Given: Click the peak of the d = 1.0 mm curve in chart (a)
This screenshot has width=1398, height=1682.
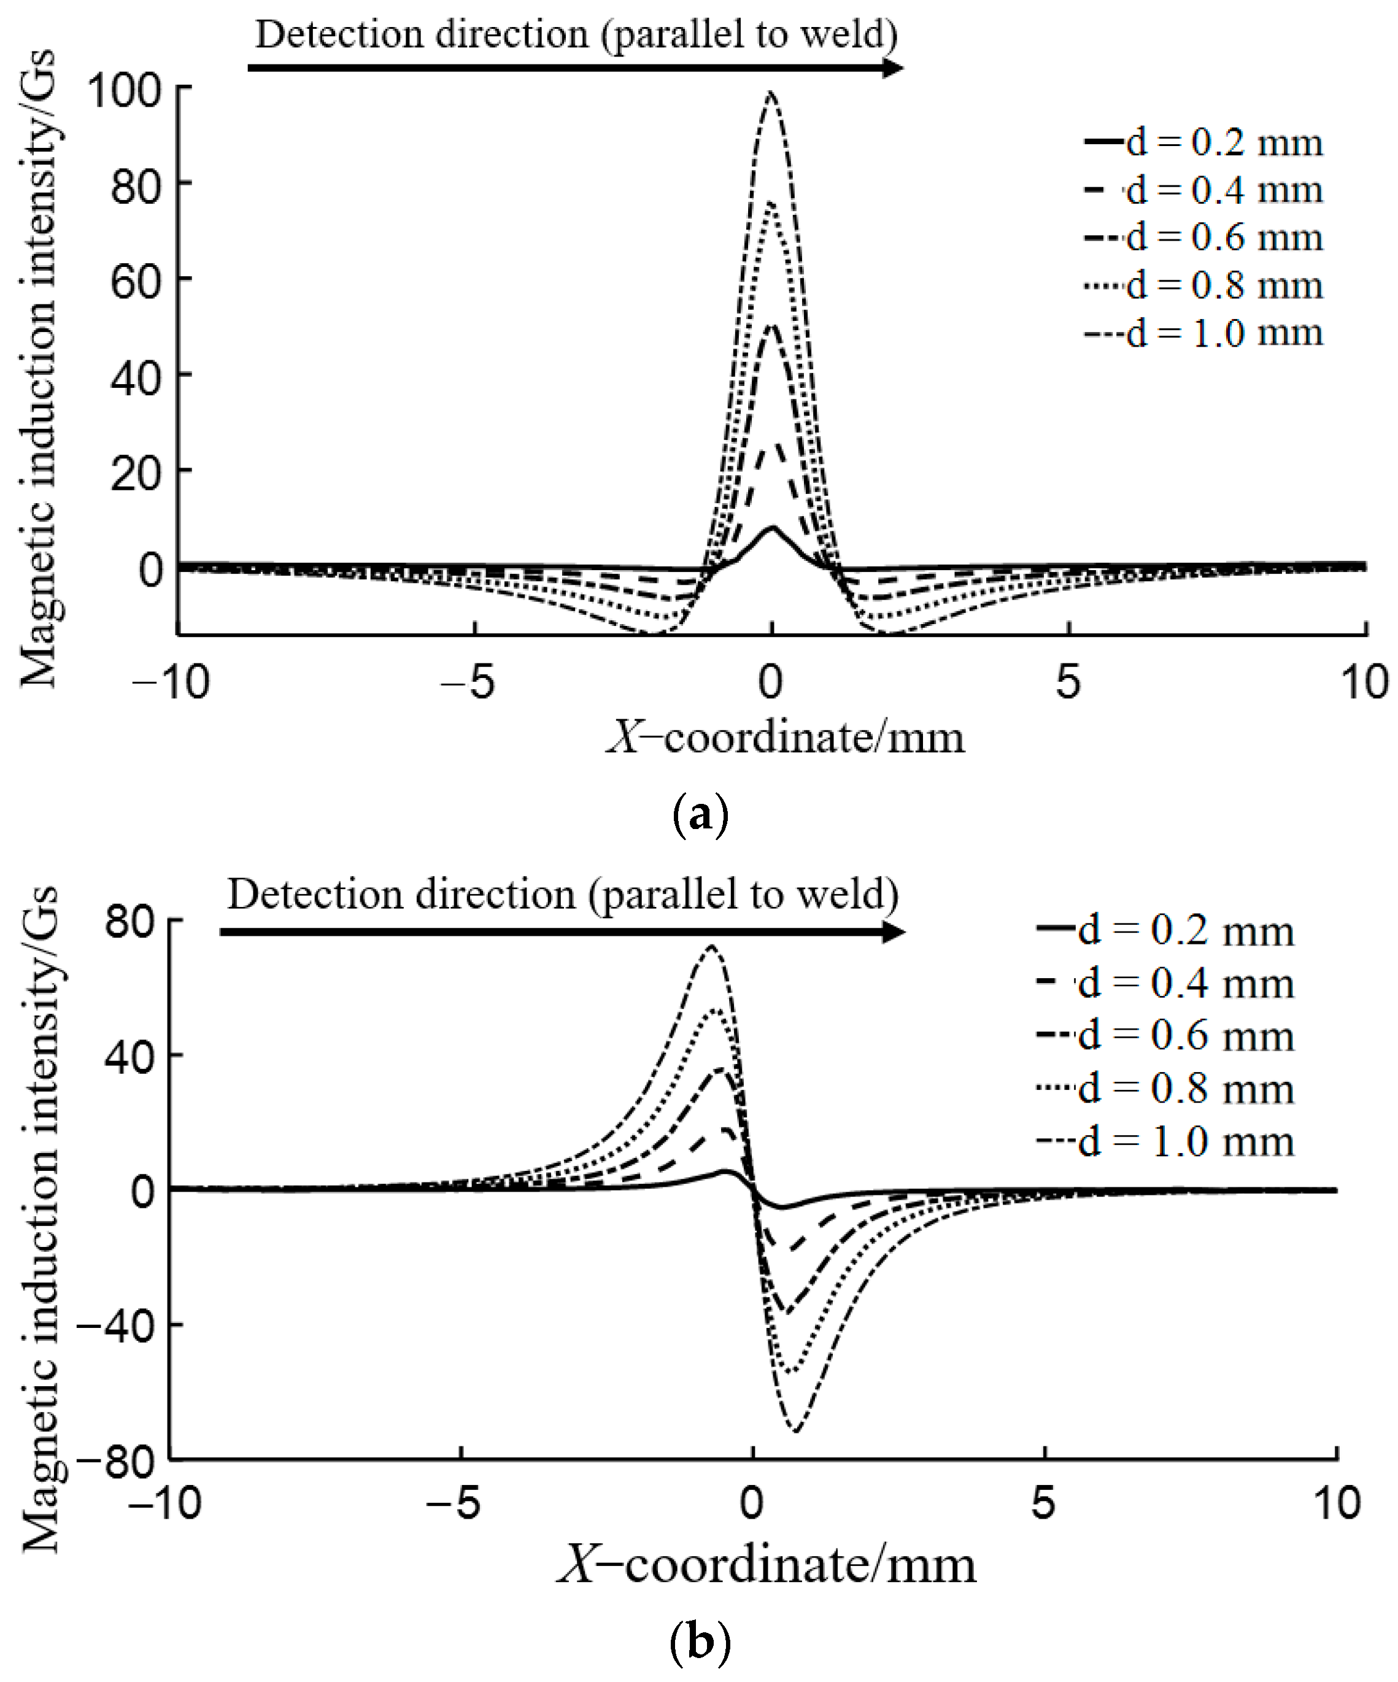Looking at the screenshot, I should click(x=771, y=95).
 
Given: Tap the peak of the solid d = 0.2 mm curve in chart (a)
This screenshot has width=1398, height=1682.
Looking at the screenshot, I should click(x=772, y=528).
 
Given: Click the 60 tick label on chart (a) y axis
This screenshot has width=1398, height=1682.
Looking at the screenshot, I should click(x=136, y=282).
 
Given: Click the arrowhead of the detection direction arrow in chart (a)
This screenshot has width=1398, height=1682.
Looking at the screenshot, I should click(x=891, y=68).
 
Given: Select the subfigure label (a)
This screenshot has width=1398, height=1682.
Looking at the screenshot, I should click(x=701, y=816).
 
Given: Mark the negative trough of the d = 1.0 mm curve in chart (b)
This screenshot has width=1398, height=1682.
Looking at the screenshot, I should click(x=795, y=1430).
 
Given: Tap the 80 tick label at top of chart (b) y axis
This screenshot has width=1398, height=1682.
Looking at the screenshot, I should click(x=129, y=922).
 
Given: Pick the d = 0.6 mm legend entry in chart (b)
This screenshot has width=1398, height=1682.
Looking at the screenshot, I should click(x=1165, y=1036).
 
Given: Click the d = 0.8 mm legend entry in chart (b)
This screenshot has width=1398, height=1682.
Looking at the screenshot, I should click(x=1165, y=1089).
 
